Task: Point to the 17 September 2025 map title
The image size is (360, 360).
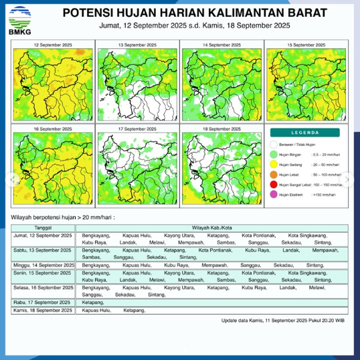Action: (137, 128)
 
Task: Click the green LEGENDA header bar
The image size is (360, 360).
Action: (308, 132)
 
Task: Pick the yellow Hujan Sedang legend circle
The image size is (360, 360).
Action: (274, 163)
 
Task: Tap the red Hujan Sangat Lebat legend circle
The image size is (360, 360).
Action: (274, 184)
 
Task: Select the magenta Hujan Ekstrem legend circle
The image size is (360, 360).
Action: (274, 194)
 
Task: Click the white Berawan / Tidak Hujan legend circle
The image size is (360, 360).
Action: (274, 143)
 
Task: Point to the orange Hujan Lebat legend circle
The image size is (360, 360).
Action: (274, 174)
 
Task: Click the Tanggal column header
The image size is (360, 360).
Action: (43, 229)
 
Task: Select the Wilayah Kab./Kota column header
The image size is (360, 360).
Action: (212, 229)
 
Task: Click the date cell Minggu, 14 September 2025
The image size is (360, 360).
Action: (43, 265)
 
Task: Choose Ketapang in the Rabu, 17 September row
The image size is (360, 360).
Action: (92, 302)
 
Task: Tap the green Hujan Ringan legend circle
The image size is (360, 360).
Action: (274, 153)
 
